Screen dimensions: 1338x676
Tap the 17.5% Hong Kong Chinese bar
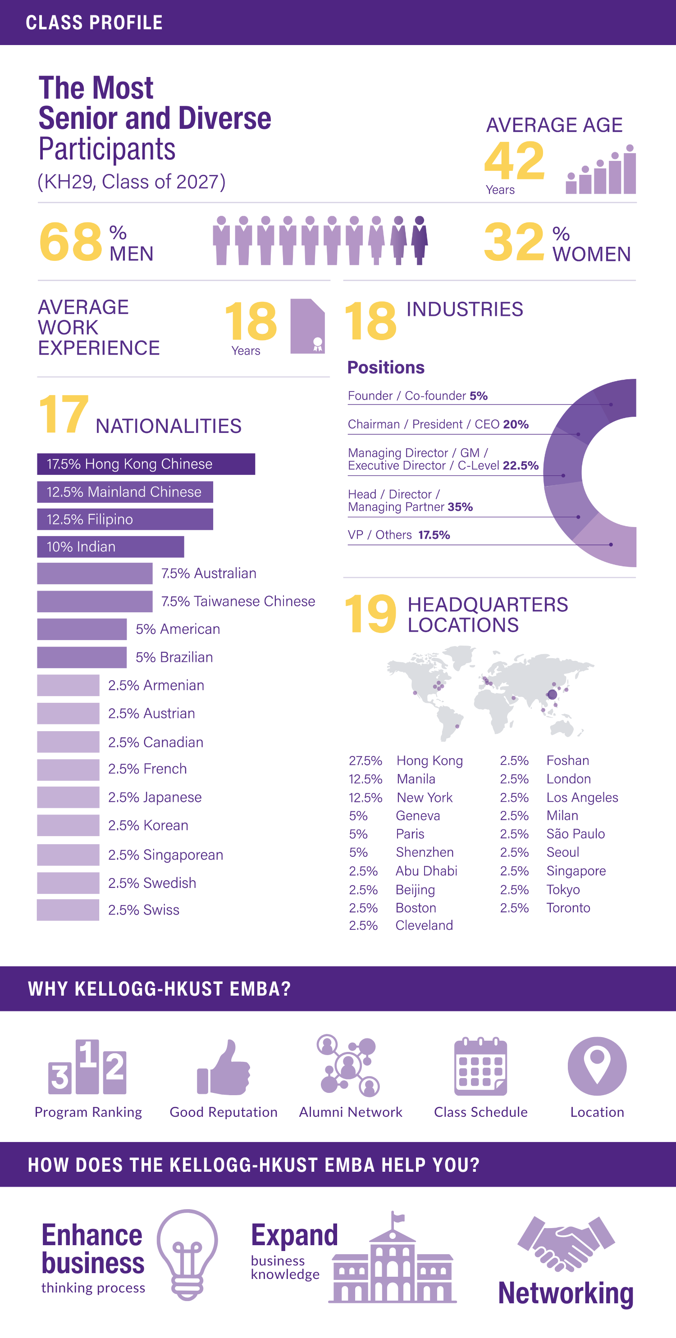(146, 464)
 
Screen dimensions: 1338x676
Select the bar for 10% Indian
(110, 546)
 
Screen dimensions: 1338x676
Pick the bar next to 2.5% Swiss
(68, 910)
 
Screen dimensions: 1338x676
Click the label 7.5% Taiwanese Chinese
(238, 601)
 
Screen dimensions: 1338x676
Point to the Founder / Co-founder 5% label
(417, 396)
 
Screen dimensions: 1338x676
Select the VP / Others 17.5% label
(398, 535)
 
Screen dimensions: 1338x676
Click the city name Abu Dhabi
(426, 871)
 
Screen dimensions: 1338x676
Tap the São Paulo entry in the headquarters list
(575, 834)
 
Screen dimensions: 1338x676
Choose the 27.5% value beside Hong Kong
(365, 761)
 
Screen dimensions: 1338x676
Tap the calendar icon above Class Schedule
(480, 1066)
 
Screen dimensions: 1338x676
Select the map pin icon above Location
(597, 1065)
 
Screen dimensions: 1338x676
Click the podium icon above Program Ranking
(87, 1066)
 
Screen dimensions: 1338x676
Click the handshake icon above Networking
(566, 1244)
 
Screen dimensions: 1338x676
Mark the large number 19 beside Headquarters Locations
(370, 614)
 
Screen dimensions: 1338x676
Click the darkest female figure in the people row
(419, 241)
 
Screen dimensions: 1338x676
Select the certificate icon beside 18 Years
(308, 327)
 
